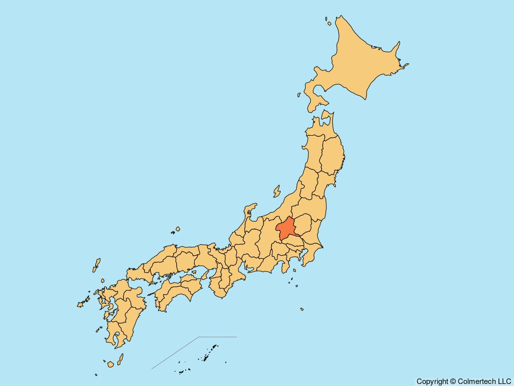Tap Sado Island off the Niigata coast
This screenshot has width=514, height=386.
(x=277, y=191)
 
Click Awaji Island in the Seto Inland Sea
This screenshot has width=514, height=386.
(x=205, y=274)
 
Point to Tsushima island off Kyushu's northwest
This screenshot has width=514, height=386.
(x=96, y=265)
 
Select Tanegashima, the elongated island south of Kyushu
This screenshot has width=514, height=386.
(x=120, y=359)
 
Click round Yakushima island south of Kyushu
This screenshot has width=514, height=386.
(x=110, y=363)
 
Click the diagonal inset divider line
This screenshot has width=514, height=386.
(x=176, y=353)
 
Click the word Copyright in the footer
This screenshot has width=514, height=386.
(x=432, y=381)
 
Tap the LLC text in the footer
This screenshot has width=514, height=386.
(x=504, y=381)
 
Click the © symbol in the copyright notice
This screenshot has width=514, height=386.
(x=453, y=381)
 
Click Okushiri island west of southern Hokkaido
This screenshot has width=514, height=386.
(x=299, y=94)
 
